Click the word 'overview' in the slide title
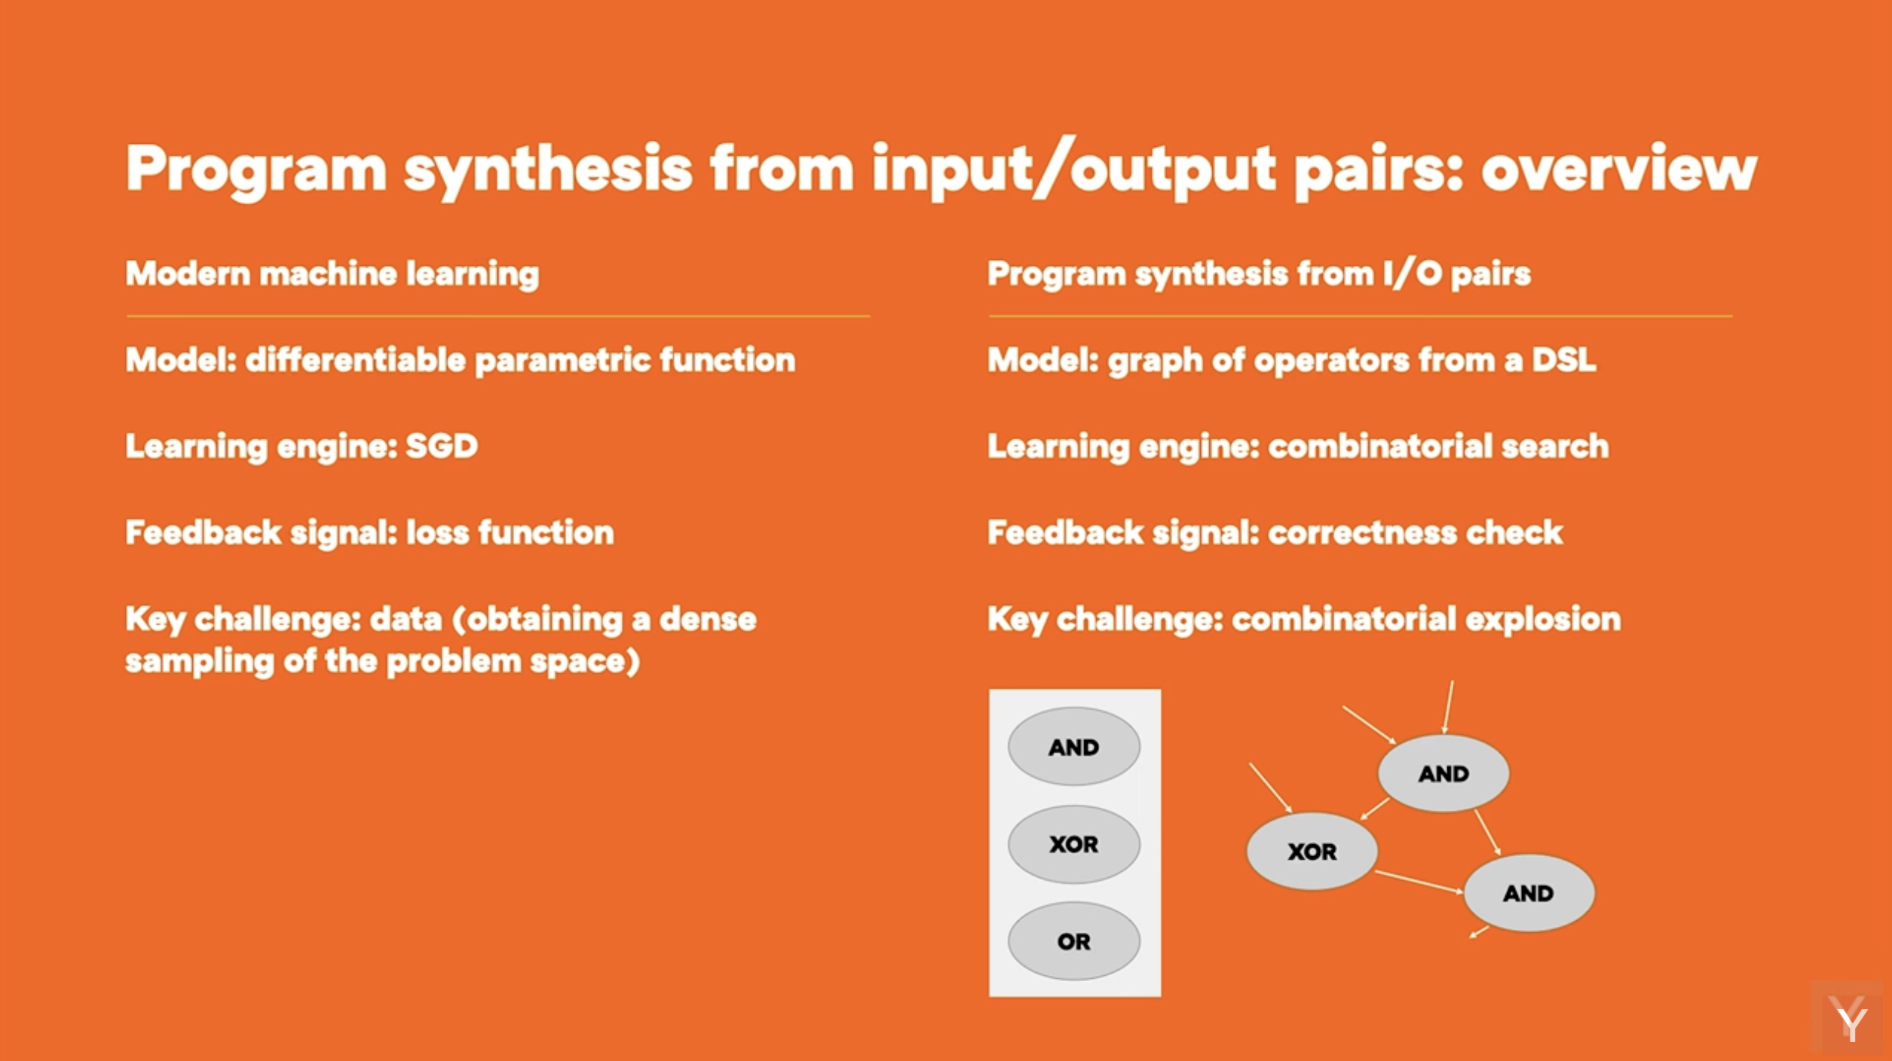click(1619, 169)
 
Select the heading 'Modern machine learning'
click(332, 274)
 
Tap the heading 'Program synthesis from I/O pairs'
click(1259, 274)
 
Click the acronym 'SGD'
click(442, 446)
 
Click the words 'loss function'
click(510, 533)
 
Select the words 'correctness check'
click(1416, 533)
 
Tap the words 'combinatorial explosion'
click(1426, 619)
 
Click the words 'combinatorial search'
click(1439, 446)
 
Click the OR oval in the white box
click(1074, 941)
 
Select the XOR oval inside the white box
click(1074, 844)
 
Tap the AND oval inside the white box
click(1074, 747)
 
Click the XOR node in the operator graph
click(1312, 852)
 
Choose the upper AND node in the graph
click(1443, 773)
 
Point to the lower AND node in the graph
click(1529, 893)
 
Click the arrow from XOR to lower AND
click(1419, 882)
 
